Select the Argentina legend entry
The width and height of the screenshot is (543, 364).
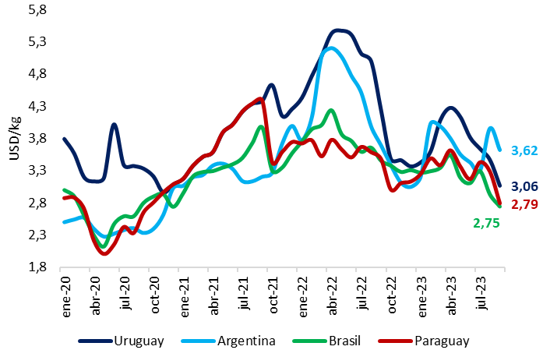(236, 341)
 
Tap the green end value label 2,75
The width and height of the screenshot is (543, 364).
(485, 223)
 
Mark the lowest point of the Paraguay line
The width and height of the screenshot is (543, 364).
(104, 253)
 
